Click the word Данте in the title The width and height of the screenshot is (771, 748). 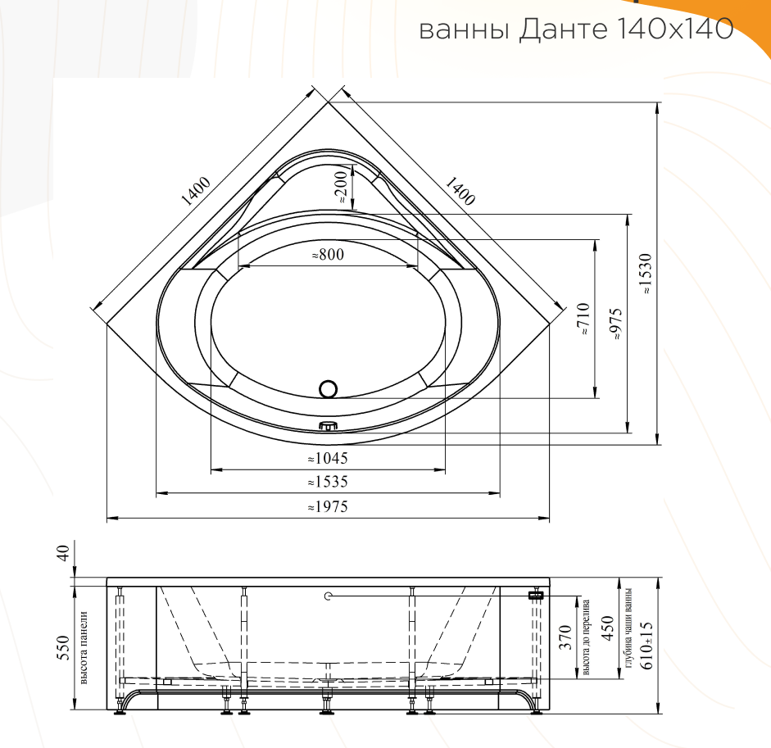(563, 29)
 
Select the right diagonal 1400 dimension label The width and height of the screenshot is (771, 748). (460, 191)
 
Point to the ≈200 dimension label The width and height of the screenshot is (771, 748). (341, 189)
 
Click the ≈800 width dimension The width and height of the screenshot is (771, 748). (328, 255)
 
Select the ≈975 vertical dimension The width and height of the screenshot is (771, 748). (616, 324)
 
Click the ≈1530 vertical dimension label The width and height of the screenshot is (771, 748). (646, 274)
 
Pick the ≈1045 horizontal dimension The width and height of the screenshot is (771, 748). (328, 459)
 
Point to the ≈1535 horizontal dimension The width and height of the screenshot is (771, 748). (328, 482)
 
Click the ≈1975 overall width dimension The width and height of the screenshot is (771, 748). (328, 507)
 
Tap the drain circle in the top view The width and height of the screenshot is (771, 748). (329, 390)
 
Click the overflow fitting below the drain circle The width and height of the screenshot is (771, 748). (329, 426)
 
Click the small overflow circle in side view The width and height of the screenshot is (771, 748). (329, 596)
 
